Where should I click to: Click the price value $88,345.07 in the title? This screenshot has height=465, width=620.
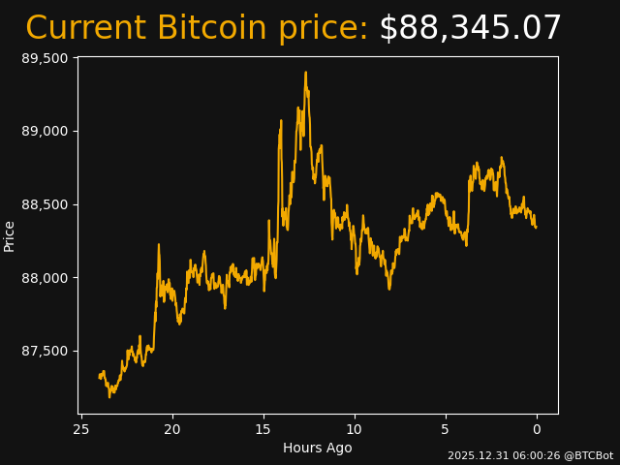click(470, 28)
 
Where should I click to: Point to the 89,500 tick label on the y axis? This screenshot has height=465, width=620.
click(45, 58)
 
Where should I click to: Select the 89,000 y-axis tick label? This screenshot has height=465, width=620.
click(45, 131)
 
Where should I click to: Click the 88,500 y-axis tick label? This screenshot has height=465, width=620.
click(45, 204)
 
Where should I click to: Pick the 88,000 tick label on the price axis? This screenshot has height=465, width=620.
click(45, 278)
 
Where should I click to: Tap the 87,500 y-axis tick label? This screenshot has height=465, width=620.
click(45, 351)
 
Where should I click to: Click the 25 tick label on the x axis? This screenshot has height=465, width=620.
click(81, 429)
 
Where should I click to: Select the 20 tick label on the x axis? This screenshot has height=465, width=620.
click(172, 429)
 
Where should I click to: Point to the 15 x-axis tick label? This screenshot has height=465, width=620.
click(263, 429)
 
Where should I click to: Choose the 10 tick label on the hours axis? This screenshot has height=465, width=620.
click(355, 429)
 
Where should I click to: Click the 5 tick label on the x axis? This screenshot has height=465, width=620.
click(446, 429)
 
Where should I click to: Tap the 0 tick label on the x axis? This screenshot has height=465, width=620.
click(537, 429)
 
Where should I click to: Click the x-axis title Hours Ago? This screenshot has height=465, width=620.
click(318, 448)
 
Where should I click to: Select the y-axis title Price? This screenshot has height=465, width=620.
click(10, 235)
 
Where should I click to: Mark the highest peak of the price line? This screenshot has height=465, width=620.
click(305, 72)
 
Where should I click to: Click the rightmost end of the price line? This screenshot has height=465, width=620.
click(536, 227)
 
